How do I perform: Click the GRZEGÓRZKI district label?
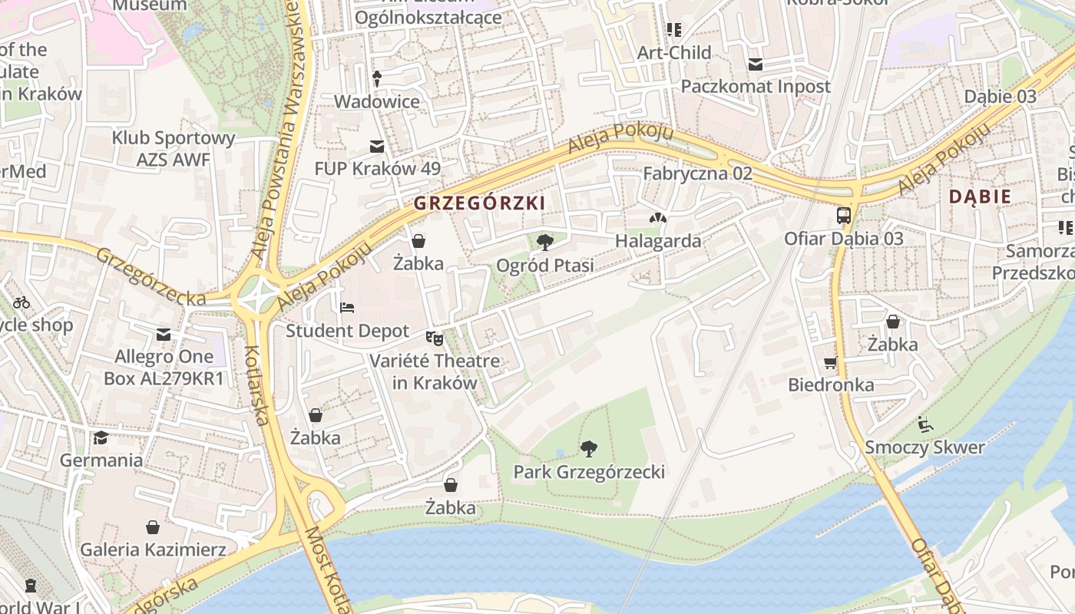(x=479, y=203)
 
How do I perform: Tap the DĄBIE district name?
(x=980, y=196)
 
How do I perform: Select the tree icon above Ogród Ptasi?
(x=545, y=243)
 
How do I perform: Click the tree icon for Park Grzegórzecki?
(x=589, y=448)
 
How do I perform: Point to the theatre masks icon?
(x=435, y=337)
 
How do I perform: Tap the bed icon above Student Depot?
(x=347, y=308)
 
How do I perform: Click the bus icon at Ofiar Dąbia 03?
(x=844, y=215)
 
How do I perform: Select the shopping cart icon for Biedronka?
(x=831, y=362)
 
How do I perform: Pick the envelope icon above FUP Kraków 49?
(x=377, y=146)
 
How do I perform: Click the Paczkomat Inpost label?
(x=756, y=87)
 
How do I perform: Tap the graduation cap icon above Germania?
(x=101, y=437)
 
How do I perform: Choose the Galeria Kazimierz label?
(x=153, y=550)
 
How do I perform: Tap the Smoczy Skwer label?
(x=925, y=447)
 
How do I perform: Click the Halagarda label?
(x=658, y=241)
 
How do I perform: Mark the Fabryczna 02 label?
(x=697, y=173)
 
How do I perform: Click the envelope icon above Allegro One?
(x=164, y=335)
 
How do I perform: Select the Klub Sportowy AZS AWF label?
(x=174, y=149)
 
